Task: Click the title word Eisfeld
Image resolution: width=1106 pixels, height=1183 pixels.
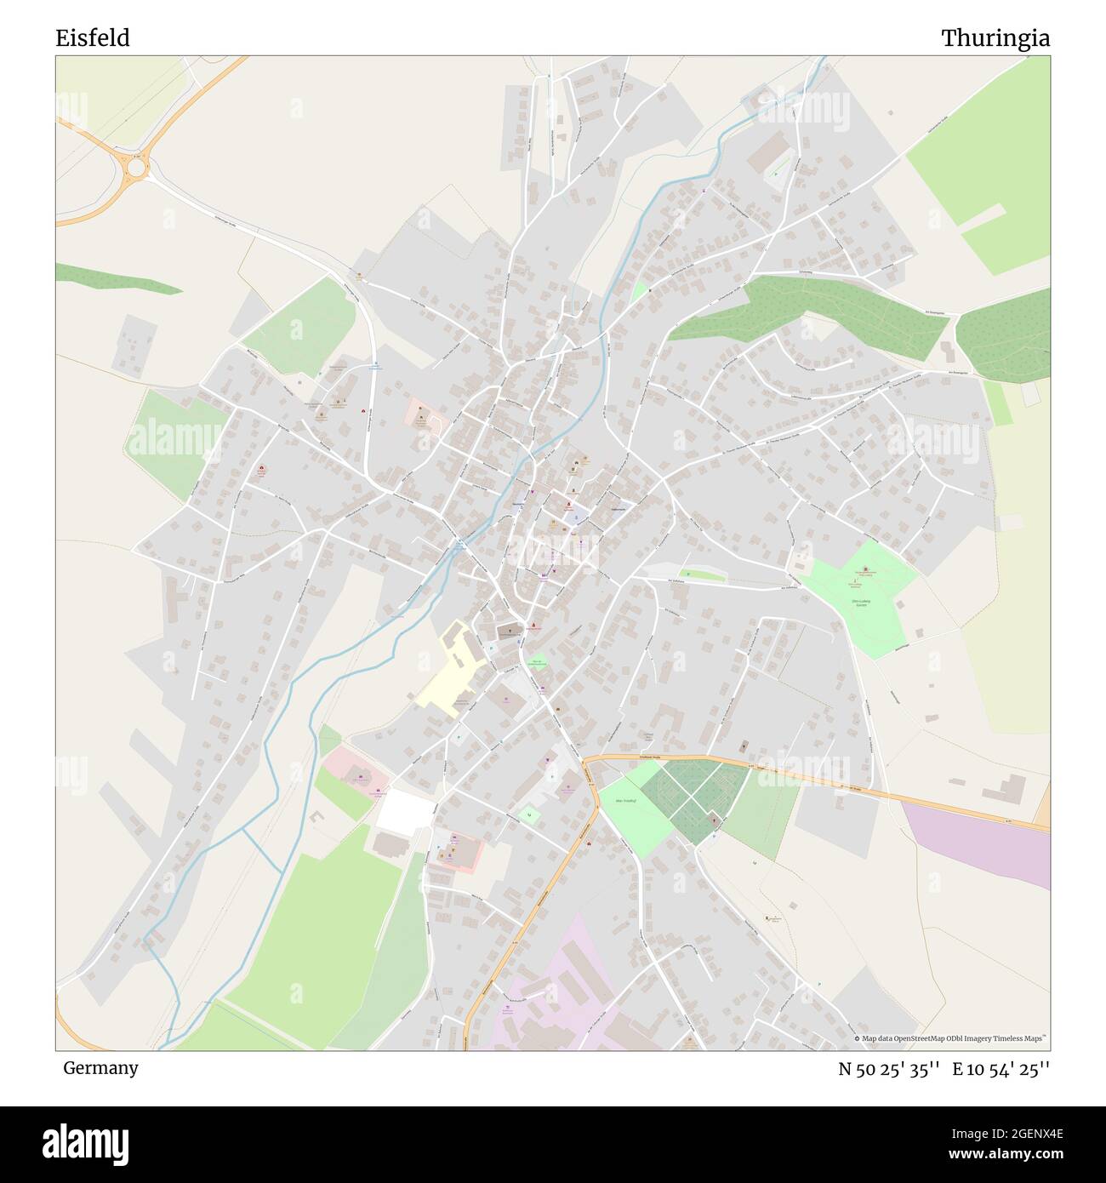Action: click(x=93, y=38)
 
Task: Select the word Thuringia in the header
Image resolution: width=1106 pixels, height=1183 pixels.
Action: click(x=995, y=38)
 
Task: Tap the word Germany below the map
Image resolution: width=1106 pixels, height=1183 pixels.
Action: click(x=100, y=1068)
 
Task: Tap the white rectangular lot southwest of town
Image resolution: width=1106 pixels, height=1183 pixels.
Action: click(x=405, y=811)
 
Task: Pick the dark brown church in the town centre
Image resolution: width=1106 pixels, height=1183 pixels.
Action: click(x=508, y=631)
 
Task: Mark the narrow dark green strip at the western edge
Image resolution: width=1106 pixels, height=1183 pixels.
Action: click(x=119, y=279)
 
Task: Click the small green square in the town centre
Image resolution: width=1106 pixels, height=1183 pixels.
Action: click(x=538, y=661)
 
